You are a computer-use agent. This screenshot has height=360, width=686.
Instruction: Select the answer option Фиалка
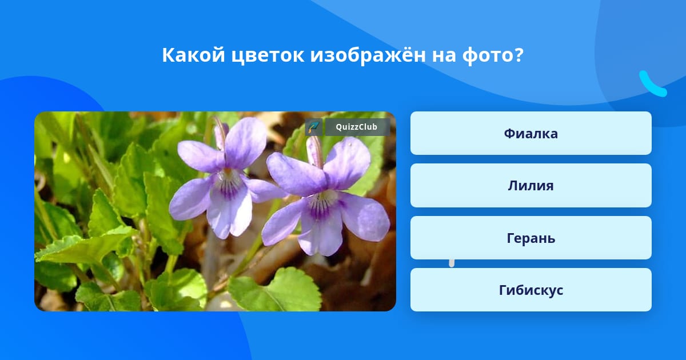[x=531, y=133]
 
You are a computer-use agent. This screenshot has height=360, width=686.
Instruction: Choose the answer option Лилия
[x=531, y=186]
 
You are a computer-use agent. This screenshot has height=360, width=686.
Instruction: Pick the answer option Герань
[x=531, y=238]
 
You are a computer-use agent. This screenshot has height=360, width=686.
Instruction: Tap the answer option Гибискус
[x=531, y=290]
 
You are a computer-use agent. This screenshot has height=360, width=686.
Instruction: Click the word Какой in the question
[x=193, y=55]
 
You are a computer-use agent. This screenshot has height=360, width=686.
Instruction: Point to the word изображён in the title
[x=368, y=55]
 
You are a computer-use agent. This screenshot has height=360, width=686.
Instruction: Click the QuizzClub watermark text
[x=357, y=127]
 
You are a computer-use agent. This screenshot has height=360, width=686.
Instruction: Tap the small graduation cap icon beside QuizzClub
[x=313, y=127]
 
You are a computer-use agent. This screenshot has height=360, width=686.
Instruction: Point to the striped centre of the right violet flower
[x=320, y=203]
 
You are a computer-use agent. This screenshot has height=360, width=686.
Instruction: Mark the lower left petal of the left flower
[x=192, y=199]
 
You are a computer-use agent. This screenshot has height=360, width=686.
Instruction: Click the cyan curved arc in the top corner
[x=652, y=84]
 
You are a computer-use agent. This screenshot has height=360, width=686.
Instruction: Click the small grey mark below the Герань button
[x=452, y=263]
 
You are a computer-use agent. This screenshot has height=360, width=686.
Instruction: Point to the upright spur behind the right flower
[x=314, y=151]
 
